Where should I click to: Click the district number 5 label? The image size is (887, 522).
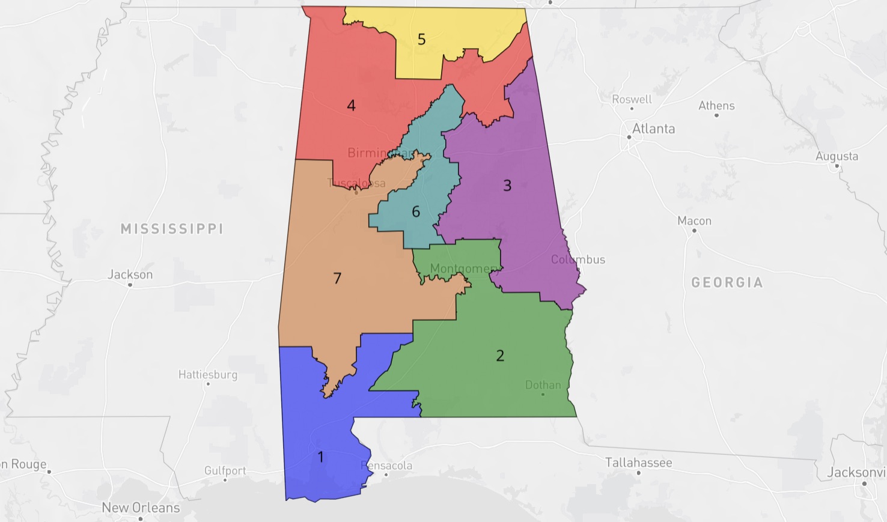pos(421,40)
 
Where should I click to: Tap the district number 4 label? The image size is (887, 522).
pos(351,106)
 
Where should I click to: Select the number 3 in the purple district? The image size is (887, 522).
pos(507,186)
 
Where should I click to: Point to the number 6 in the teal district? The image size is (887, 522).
pos(416,211)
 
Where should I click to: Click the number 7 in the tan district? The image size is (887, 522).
pos(337,278)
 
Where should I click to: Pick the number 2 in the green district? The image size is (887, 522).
pos(500,356)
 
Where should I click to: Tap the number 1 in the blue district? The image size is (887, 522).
pos(320,457)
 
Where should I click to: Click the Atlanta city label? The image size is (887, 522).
pos(653,129)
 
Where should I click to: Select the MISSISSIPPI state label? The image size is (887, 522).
pos(172,229)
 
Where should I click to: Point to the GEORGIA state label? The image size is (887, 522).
pos(727,282)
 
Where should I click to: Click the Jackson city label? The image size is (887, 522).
pos(130,275)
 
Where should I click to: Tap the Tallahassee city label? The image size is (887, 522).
pos(638,463)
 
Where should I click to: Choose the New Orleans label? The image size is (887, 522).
pos(141,508)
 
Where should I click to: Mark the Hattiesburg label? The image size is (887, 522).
pos(208,375)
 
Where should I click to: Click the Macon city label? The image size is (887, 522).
pos(694,221)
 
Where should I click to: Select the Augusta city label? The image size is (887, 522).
pos(837,156)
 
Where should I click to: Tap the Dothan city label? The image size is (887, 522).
pos(543,385)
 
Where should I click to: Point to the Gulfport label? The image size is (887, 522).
pos(225,470)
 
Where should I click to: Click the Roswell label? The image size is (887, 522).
pos(632,99)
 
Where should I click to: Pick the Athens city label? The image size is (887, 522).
pos(716,106)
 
